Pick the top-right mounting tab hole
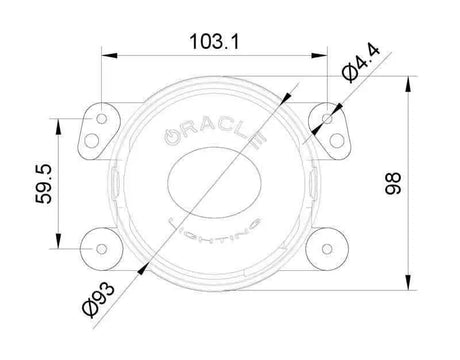coord(329,119)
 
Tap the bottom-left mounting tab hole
coord(102,241)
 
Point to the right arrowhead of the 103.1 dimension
coord(327,61)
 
